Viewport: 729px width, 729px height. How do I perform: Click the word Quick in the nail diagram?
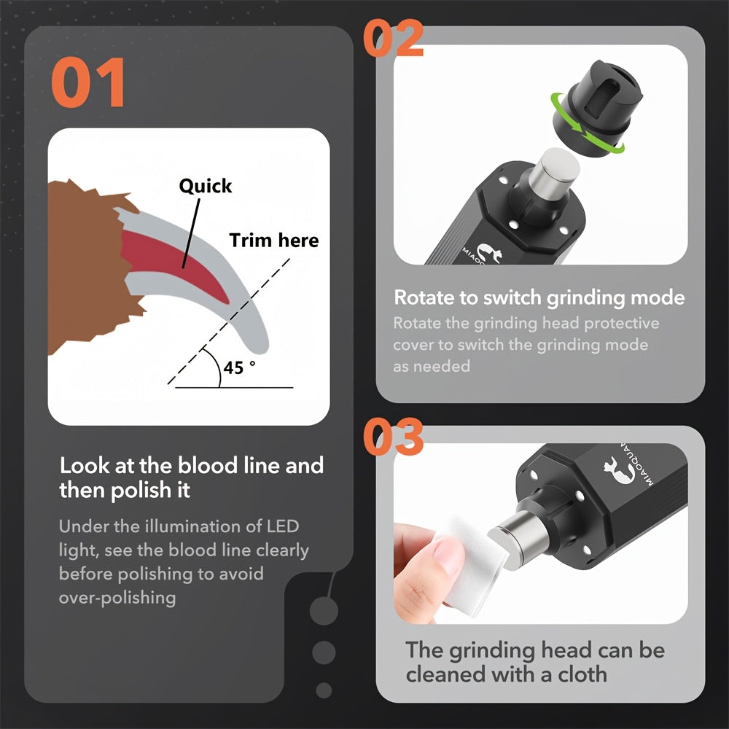pyautogui.click(x=206, y=186)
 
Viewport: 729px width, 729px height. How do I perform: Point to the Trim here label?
pyautogui.click(x=274, y=240)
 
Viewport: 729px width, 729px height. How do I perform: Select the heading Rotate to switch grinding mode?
pyautogui.click(x=539, y=297)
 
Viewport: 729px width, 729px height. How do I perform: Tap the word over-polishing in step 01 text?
pyautogui.click(x=117, y=598)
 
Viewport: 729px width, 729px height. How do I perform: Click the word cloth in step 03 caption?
pyautogui.click(x=576, y=674)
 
